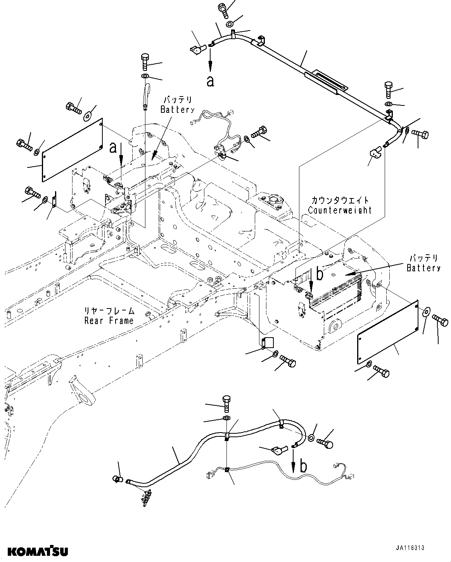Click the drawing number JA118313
tap(410, 548)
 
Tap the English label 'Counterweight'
tap(339, 210)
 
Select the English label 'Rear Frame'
tap(109, 321)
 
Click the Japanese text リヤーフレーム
tap(110, 311)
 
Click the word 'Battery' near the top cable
tap(177, 110)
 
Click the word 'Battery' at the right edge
tap(423, 268)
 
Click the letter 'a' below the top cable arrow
tap(210, 81)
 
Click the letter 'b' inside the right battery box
tap(320, 274)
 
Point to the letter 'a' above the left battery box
tap(113, 147)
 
